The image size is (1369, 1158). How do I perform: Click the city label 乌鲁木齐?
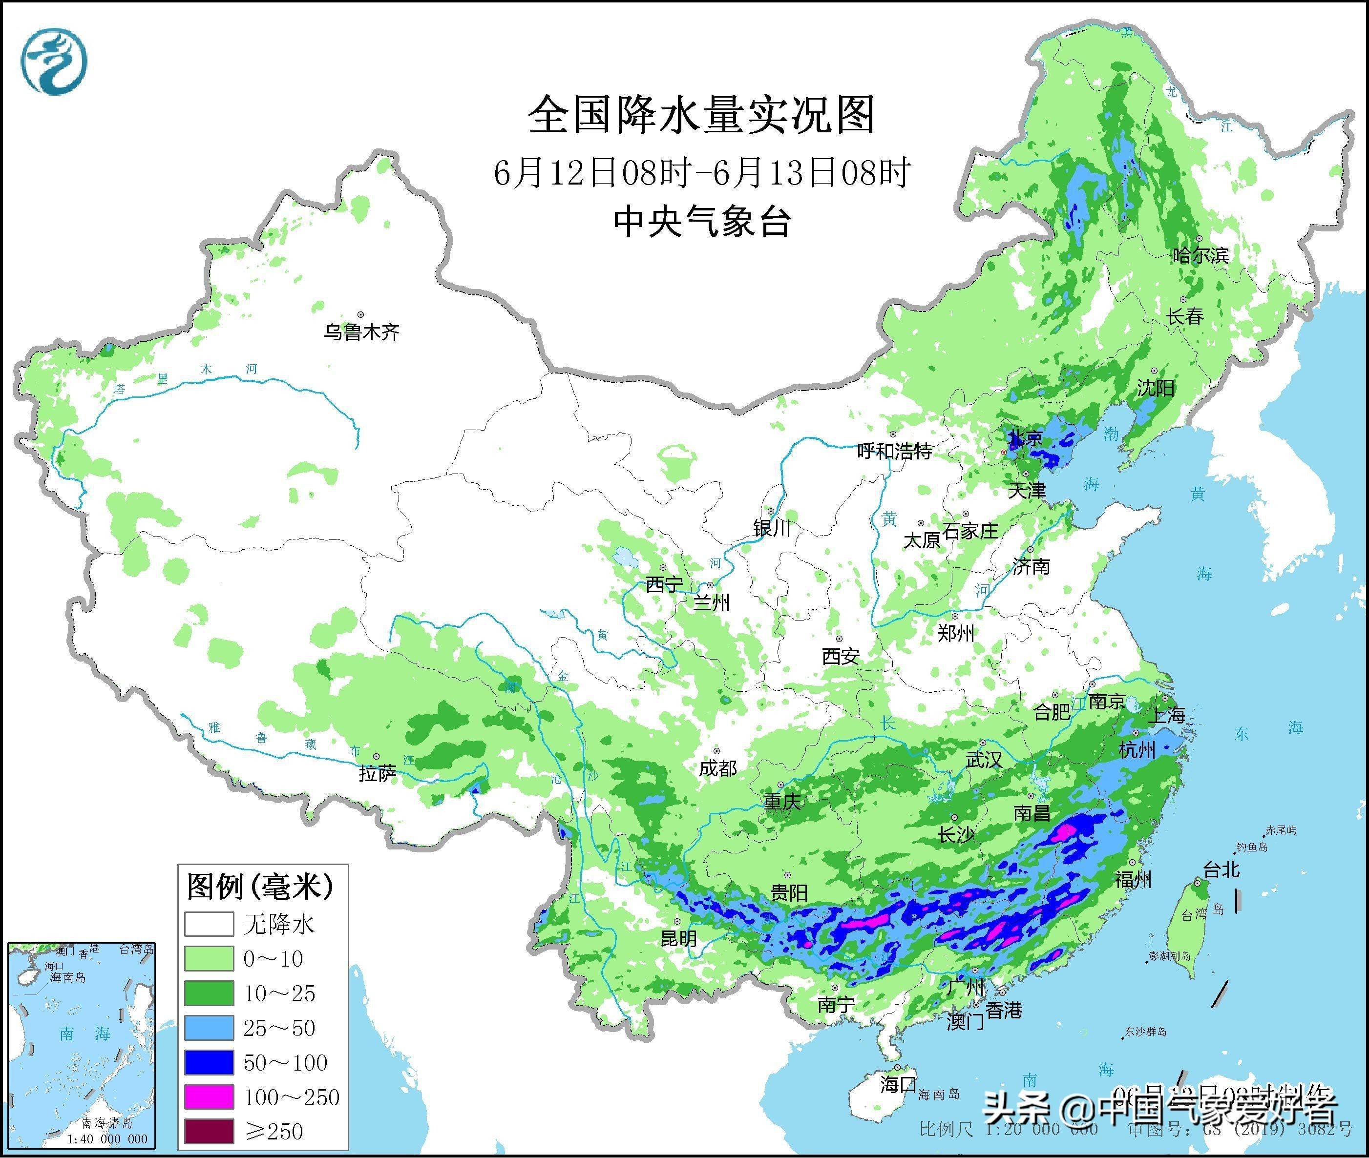point(361,332)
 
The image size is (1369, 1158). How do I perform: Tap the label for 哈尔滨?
point(1200,255)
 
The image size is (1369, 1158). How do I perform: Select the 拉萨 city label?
point(378,774)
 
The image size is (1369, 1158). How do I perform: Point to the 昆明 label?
point(678,939)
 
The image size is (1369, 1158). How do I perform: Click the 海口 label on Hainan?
point(898,1084)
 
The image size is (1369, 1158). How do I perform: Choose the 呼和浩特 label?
point(895,451)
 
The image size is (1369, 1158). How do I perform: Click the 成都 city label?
point(717,768)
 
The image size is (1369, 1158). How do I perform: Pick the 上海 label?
point(1166,715)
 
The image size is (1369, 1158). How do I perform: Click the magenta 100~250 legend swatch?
point(209,1097)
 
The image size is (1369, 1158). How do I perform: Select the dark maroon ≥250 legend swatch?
point(209,1131)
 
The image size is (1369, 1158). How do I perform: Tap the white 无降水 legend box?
point(209,924)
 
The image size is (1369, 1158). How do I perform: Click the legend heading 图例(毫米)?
point(260,887)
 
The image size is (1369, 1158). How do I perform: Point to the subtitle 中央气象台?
point(701,222)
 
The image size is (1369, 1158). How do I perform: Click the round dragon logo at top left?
point(55,62)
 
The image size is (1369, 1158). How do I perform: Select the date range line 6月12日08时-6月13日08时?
point(701,173)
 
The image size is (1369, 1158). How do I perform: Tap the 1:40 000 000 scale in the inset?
point(107,1139)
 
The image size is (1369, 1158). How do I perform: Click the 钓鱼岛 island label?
point(1250,848)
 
